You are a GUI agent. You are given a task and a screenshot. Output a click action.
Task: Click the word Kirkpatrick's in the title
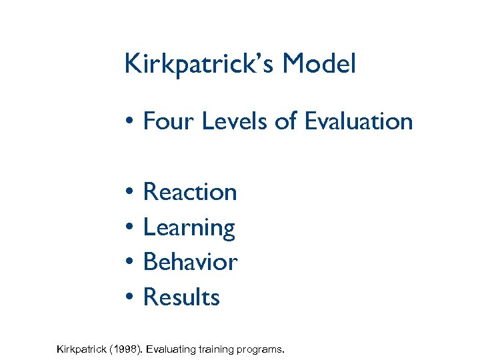[200, 65]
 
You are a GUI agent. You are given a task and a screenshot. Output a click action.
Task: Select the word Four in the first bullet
[166, 121]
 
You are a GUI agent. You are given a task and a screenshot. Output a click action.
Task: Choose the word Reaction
[190, 192]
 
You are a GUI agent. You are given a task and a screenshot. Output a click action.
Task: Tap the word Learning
[189, 228]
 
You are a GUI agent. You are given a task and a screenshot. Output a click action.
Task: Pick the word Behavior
[190, 262]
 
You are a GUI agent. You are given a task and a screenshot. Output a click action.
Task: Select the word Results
[181, 297]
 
